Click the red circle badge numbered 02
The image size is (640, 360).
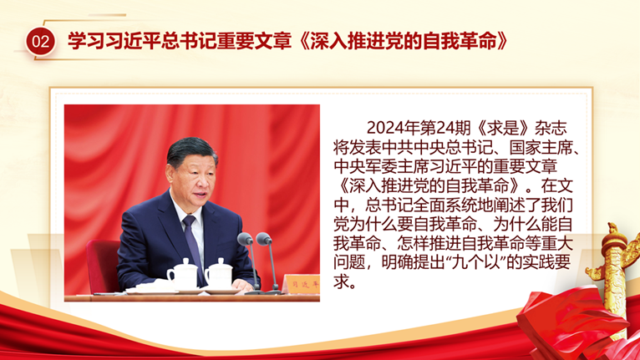(40, 42)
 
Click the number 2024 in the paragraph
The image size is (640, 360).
(383, 128)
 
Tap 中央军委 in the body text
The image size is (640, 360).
(365, 166)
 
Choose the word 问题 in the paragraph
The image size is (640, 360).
(349, 262)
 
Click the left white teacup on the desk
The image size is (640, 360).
(183, 273)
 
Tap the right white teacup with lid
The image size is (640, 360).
(219, 273)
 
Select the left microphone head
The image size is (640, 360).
(245, 239)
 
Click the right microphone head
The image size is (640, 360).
(264, 238)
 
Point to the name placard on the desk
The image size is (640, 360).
(302, 284)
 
